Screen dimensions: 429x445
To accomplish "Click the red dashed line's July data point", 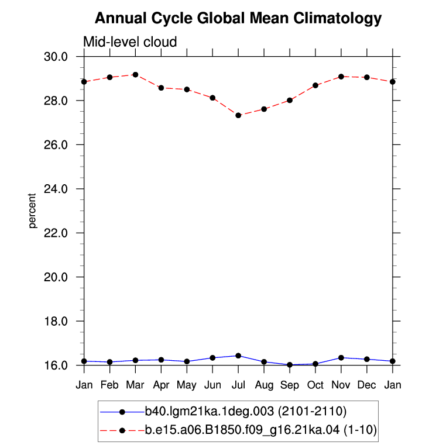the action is [238, 115].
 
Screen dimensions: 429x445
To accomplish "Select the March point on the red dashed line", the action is [136, 75].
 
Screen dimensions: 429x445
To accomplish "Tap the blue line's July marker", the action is [238, 356].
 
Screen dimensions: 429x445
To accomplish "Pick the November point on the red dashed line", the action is [341, 77].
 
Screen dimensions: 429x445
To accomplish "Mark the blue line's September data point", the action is [290, 365].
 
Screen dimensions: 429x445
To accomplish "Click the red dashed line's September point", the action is [290, 100].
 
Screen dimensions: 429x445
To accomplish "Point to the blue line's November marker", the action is [341, 358].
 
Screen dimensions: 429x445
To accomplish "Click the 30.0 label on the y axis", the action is [56, 57].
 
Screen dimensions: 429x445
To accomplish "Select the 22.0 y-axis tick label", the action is [56, 233].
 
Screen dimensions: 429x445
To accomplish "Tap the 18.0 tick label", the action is [56, 321].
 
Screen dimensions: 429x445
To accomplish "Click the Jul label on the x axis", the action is [238, 385].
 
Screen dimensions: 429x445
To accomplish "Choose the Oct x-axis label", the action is [315, 385].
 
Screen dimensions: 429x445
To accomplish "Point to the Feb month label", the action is [109, 385].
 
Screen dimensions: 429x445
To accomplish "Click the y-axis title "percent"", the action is [32, 211].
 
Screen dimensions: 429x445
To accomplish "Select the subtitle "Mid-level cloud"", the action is [130, 42].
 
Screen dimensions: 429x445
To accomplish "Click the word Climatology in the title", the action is [338, 19].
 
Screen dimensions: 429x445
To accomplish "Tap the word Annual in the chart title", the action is [121, 18].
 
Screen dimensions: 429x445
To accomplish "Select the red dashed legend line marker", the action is [122, 430].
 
